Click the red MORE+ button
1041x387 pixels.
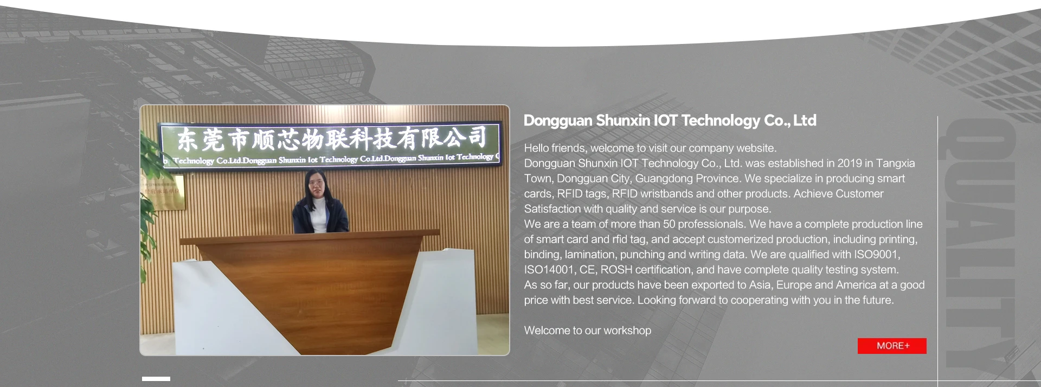(x=892, y=346)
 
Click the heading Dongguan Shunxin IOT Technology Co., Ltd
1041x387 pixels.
(x=670, y=120)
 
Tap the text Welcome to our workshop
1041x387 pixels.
(x=588, y=331)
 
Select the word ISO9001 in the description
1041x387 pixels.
(x=877, y=255)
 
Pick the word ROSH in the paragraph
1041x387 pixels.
(x=616, y=270)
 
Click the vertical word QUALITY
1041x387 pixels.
(x=980, y=243)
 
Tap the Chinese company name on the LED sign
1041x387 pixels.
(x=331, y=139)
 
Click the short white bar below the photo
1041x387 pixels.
(x=156, y=379)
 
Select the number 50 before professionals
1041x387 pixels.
(x=669, y=224)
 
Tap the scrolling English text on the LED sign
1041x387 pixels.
(x=331, y=159)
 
